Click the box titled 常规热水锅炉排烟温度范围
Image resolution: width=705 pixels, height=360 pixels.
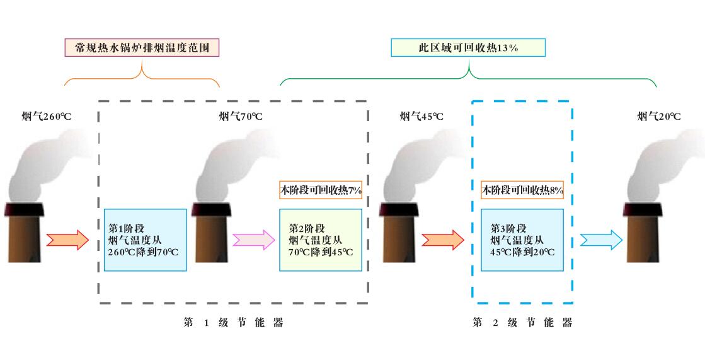(x=142, y=49)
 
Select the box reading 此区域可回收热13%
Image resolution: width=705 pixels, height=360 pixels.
(x=467, y=49)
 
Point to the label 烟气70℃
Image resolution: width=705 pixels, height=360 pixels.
(x=241, y=116)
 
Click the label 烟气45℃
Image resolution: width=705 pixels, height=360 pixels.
(x=421, y=116)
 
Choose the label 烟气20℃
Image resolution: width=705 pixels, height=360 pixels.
(x=659, y=116)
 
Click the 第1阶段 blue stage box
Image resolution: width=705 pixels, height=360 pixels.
(x=145, y=240)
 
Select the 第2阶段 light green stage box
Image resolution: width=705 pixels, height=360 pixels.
(x=320, y=240)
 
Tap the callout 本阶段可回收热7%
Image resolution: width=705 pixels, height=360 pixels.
(x=320, y=190)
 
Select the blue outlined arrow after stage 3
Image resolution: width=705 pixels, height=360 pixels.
(x=601, y=240)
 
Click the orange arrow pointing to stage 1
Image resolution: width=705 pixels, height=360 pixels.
(x=67, y=240)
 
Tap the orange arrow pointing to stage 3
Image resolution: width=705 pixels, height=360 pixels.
(x=443, y=240)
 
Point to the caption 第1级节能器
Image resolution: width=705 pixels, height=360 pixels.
(x=233, y=323)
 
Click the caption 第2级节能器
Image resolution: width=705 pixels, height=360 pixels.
(x=522, y=323)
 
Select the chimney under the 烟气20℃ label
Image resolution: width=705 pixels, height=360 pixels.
(x=643, y=233)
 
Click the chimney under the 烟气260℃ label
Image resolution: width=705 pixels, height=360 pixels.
(x=25, y=233)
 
